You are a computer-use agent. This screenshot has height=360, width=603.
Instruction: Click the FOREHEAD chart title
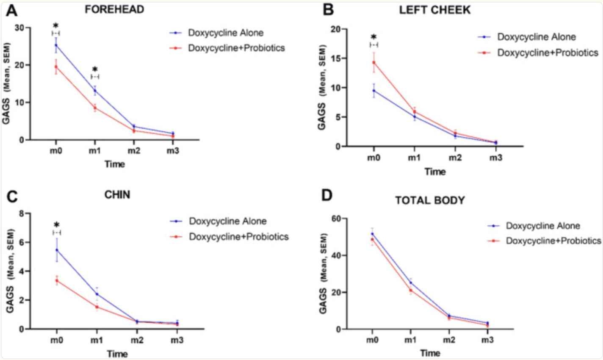coord(114,9)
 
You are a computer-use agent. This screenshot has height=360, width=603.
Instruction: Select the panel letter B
coord(328,10)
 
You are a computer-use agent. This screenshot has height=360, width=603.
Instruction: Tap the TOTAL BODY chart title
coord(430,200)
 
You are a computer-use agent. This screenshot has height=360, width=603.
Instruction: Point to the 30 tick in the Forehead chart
coord(19,28)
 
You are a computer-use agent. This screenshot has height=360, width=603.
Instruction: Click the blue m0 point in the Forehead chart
coord(56,45)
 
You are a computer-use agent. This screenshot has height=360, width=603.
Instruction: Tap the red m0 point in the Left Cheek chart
coord(373,63)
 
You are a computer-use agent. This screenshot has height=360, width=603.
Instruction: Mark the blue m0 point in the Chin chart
coord(57,250)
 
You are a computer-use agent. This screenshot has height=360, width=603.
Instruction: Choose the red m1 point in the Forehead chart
coord(95,108)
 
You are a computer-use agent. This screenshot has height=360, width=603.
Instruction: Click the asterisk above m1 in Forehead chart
coord(95,69)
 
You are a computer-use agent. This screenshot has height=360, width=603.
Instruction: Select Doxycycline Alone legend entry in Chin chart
coord(227,221)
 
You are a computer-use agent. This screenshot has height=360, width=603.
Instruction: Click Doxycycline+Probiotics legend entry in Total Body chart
coord(553,241)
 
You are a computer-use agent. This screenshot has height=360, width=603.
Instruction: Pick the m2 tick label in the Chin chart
coord(136,340)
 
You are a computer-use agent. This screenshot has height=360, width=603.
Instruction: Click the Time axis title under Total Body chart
coord(430,352)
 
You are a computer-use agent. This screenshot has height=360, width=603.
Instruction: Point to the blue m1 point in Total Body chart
coord(410,282)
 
